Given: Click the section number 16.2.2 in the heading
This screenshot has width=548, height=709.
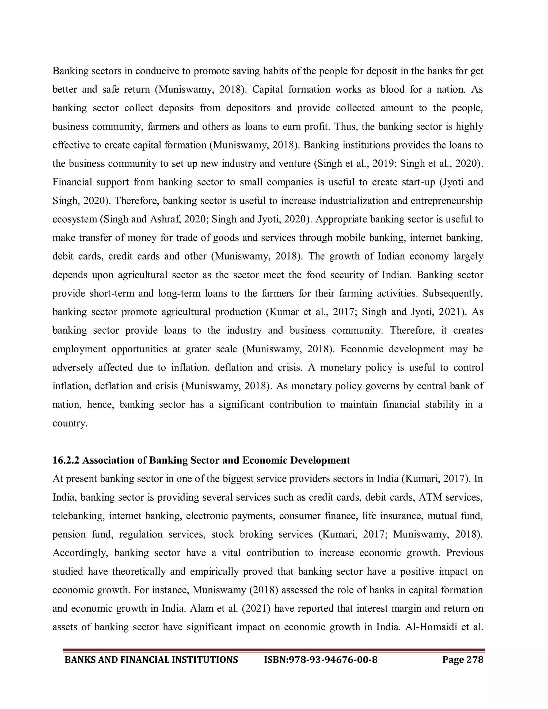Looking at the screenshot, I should pos(66,460).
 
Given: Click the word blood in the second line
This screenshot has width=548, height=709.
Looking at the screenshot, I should pos(393,89).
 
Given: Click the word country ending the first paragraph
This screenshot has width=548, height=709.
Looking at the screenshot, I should pos(70,423).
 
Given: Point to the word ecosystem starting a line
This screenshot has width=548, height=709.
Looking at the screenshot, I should pos(75,219).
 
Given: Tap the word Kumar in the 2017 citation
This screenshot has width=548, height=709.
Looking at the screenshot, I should pos(283,312).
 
